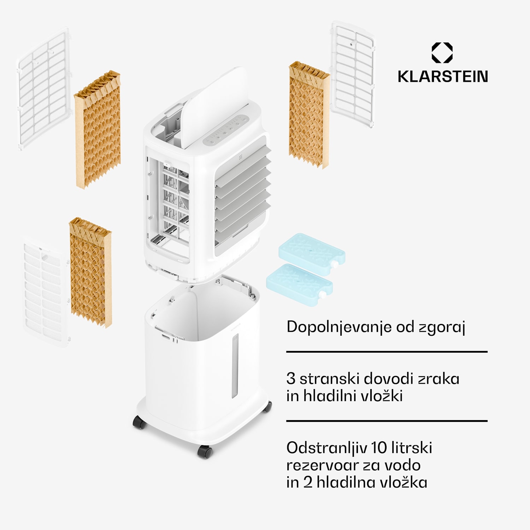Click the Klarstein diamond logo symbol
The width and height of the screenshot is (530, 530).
point(442,53)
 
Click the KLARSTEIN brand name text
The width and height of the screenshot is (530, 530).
point(443,77)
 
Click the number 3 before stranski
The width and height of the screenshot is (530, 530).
point(291,379)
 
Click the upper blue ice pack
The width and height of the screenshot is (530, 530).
point(311,250)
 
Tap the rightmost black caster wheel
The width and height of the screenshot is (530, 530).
point(267,406)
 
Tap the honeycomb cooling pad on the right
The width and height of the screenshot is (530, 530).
point(308,115)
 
